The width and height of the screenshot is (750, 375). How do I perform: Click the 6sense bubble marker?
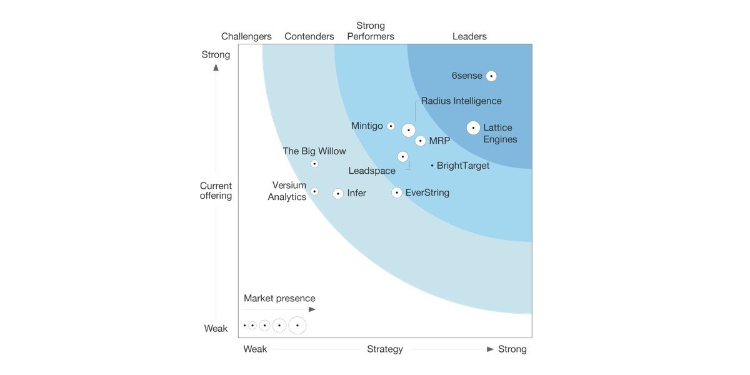[491, 76]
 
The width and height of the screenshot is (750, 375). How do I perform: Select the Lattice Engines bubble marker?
[473, 128]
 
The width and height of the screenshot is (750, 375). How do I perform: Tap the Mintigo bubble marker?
[391, 126]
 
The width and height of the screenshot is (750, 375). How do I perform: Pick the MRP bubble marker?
[420, 141]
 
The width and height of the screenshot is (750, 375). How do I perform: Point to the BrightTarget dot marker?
[432, 166]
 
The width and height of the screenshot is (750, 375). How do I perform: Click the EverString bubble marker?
[396, 192]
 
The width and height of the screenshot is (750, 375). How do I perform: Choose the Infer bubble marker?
[338, 194]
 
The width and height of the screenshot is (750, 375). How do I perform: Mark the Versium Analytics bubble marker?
[314, 191]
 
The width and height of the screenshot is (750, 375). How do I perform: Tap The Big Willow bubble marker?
[314, 164]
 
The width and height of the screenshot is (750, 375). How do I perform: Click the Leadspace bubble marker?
[403, 156]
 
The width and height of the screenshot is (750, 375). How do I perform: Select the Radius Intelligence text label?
[461, 101]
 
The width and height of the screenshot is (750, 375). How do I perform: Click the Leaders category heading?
[469, 36]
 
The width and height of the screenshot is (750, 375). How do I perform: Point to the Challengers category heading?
[246, 36]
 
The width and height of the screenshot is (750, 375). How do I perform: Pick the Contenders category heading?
[309, 36]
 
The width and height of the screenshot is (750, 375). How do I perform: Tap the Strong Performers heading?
[371, 31]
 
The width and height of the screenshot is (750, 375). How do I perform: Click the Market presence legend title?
[279, 298]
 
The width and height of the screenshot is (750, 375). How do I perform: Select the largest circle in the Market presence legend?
[297, 326]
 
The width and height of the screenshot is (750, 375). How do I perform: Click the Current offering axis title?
[216, 191]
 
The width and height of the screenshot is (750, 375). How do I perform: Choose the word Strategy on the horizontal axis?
[385, 349]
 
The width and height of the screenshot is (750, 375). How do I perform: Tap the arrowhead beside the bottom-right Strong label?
[491, 349]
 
